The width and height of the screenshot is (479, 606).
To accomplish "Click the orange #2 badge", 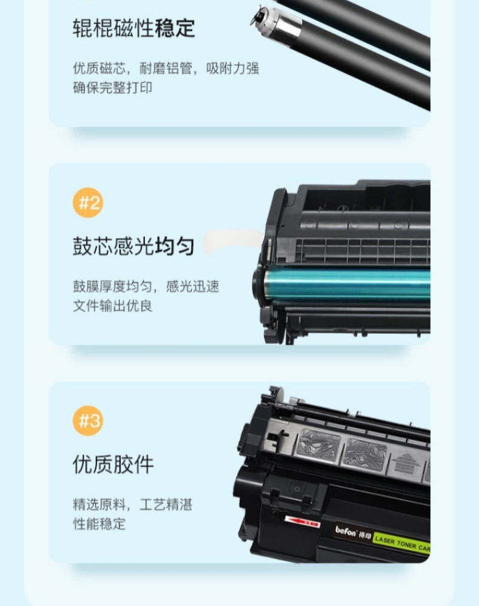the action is tap(88, 202).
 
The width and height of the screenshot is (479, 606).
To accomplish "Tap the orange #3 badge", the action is tap(88, 421).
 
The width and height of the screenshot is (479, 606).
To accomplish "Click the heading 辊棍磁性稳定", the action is tap(134, 28).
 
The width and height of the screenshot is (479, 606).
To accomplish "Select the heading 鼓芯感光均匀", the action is tap(134, 246).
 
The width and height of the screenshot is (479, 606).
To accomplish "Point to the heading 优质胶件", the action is tap(113, 464).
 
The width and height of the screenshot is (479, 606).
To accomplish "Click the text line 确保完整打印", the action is tap(113, 88).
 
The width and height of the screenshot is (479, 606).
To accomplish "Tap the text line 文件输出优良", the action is tap(113, 305).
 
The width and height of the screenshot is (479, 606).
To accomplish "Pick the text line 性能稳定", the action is tap(99, 524).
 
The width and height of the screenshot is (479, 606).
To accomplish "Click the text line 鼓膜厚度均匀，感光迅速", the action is tap(146, 287).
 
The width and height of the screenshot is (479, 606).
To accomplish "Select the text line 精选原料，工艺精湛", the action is tap(133, 504).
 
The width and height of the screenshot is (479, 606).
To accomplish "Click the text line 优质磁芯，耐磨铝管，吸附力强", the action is tap(166, 68).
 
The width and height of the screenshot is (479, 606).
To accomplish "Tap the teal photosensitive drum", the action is tap(346, 285).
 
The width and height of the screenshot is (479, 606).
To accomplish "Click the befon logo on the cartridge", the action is tap(346, 532).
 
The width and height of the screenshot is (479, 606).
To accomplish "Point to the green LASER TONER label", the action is tap(402, 544).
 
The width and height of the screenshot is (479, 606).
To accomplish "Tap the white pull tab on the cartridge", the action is tap(232, 242).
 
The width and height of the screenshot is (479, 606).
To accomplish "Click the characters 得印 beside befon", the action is tap(365, 536).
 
